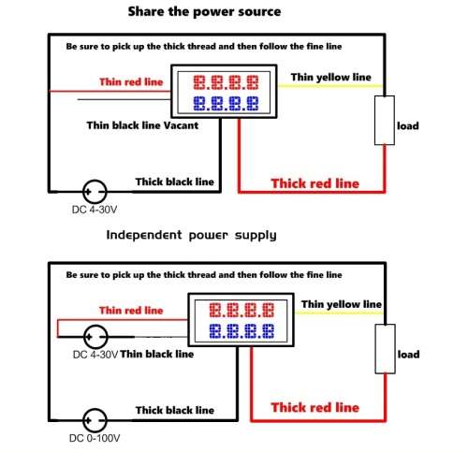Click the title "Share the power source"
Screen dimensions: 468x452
tap(204, 12)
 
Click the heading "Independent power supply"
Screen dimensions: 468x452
tap(191, 235)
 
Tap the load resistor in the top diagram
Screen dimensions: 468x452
tap(385, 121)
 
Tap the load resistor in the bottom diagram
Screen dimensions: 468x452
tap(385, 349)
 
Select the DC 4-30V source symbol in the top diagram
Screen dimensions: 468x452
tap(95, 192)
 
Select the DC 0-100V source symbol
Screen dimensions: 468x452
tap(95, 420)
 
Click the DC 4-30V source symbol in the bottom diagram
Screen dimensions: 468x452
tap(95, 337)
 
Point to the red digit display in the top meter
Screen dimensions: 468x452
tap(226, 82)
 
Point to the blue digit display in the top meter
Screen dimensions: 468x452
tap(226, 103)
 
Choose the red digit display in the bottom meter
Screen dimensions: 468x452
tap(241, 310)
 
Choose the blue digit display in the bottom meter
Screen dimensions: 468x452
tap(241, 331)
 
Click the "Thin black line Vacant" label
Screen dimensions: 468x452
tap(142, 125)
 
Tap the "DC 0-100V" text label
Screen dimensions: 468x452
tap(95, 438)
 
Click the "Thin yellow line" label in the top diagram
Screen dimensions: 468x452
tap(331, 77)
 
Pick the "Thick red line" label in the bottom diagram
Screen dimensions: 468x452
tap(315, 407)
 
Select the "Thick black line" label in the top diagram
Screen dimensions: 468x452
tap(175, 182)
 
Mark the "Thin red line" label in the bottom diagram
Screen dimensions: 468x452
tap(131, 311)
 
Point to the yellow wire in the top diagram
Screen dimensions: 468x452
tap(330, 85)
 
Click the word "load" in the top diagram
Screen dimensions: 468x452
tap(408, 126)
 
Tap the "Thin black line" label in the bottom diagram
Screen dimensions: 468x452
tap(157, 354)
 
